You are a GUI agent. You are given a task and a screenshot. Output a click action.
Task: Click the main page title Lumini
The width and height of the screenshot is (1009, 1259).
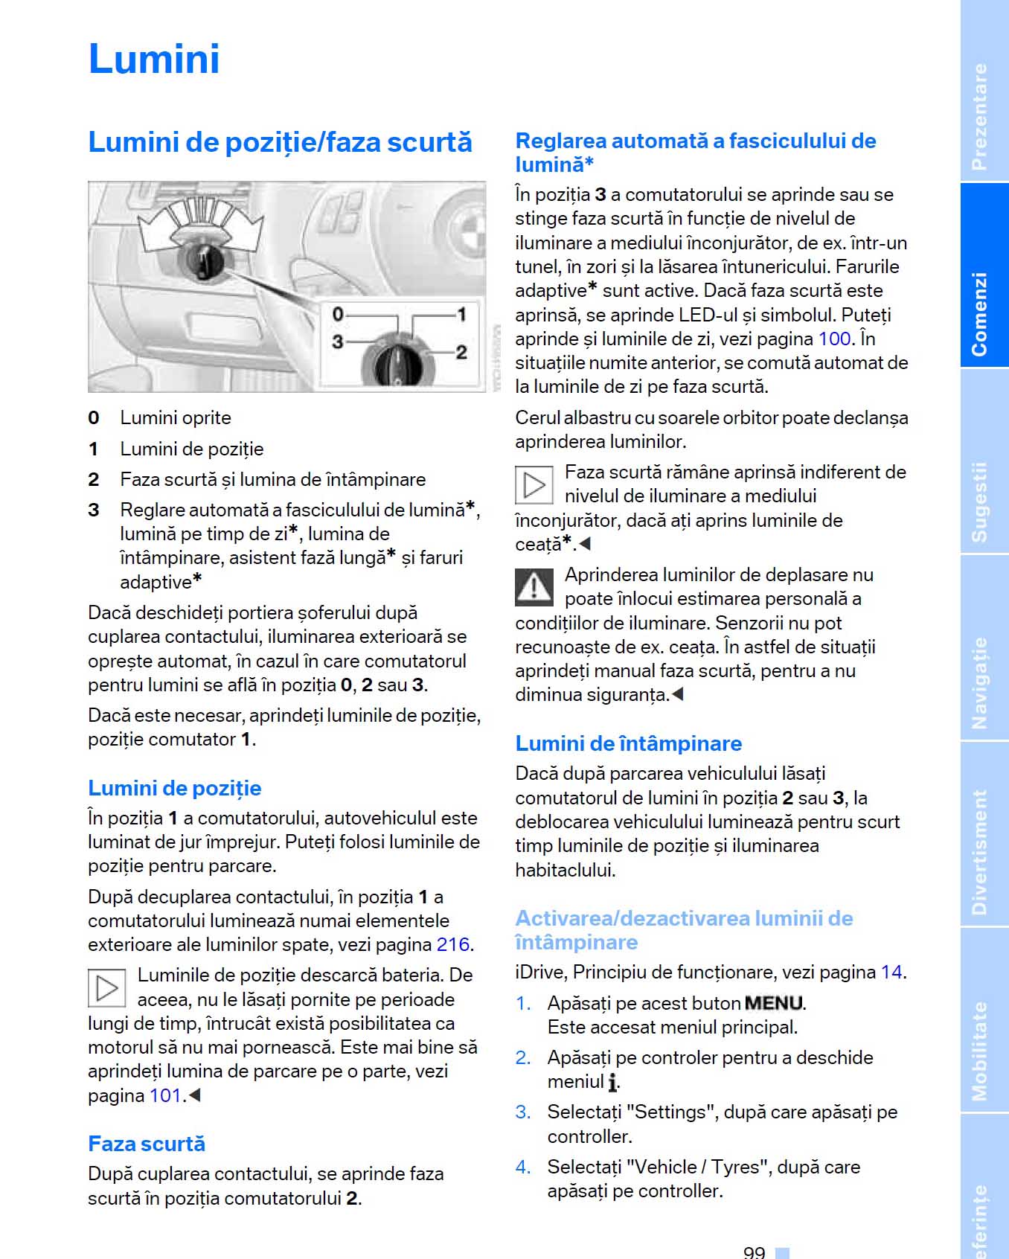154,59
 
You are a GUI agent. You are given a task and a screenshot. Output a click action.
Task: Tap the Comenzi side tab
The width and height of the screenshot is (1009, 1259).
980,313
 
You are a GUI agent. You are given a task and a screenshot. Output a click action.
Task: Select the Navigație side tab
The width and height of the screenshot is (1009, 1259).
980,683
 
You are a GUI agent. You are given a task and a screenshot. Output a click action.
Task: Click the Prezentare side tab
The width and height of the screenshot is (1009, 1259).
980,115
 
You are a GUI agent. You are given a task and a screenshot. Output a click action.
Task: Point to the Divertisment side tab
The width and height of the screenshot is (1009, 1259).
980,852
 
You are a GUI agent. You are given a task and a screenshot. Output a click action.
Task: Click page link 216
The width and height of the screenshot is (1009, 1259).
452,944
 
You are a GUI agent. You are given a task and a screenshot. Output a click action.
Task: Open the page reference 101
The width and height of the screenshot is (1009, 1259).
166,1095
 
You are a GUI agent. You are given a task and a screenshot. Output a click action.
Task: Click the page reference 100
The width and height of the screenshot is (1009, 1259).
834,339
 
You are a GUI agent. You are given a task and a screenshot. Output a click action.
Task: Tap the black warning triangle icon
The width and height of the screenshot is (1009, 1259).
534,587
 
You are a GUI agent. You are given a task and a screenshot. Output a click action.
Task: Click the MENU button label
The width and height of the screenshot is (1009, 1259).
774,1003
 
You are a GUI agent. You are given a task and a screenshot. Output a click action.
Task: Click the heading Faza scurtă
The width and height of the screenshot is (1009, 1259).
147,1144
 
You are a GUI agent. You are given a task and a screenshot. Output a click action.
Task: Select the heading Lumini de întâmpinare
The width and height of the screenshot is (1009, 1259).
629,743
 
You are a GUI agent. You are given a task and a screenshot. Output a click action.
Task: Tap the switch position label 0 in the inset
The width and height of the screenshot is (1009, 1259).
338,314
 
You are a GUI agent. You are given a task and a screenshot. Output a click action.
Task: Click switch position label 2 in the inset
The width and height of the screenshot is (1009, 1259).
461,351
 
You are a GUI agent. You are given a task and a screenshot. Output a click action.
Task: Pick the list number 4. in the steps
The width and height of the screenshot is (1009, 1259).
523,1167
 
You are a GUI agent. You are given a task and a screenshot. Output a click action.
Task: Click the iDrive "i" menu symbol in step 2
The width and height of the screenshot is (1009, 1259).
612,1083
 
